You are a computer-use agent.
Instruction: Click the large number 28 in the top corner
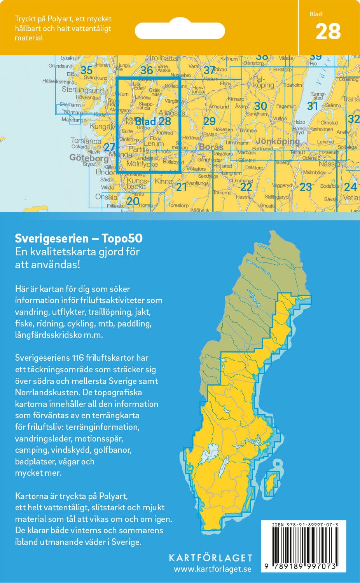[x=328, y=32]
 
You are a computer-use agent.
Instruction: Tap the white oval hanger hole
[x=180, y=30]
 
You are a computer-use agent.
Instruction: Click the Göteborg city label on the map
[x=89, y=158]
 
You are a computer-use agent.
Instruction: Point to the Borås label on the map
[x=211, y=147]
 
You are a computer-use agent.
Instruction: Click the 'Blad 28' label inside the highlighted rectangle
[x=153, y=121]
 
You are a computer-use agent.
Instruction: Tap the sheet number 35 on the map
[x=86, y=70]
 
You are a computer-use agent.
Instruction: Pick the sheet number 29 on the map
[x=209, y=121]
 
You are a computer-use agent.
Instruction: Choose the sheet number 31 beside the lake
[x=312, y=106]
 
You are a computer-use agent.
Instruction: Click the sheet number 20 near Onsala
[x=133, y=201]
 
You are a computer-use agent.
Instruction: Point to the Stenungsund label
[x=83, y=90]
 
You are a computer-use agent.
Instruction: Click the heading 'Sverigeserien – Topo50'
[x=79, y=238]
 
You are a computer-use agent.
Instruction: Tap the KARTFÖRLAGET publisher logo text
[x=210, y=558]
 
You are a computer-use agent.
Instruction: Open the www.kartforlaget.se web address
[x=212, y=569]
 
